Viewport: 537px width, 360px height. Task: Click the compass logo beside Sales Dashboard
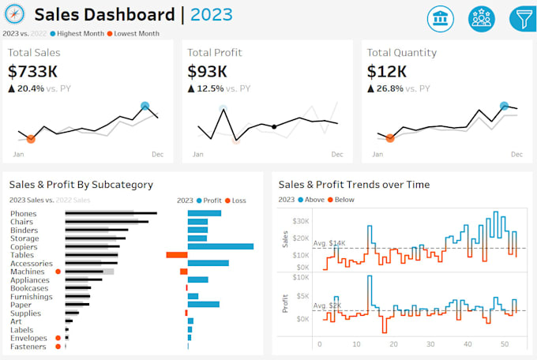coord(16,15)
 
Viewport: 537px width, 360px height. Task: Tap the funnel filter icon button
coord(522,17)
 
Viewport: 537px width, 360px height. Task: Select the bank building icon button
coord(441,17)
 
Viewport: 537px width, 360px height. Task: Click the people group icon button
coord(481,17)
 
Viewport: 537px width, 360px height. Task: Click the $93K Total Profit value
coord(207,72)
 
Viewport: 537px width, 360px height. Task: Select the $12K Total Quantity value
coord(387,72)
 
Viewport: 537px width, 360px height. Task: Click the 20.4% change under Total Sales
coord(35,88)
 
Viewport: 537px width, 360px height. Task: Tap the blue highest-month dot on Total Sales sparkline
coord(145,106)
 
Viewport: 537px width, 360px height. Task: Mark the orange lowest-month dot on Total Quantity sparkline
coord(390,138)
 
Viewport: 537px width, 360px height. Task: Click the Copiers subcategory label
coord(24,246)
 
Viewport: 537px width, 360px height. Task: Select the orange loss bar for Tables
coord(176,255)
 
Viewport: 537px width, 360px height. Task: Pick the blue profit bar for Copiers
coord(220,246)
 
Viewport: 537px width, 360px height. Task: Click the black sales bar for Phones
coord(111,213)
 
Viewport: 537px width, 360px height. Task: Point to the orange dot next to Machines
coord(58,272)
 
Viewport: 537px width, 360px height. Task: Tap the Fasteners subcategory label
coord(28,346)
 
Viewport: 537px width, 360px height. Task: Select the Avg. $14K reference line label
coord(329,243)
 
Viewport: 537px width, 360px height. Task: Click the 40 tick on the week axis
coord(468,344)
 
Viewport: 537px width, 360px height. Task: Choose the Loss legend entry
coord(235,201)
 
